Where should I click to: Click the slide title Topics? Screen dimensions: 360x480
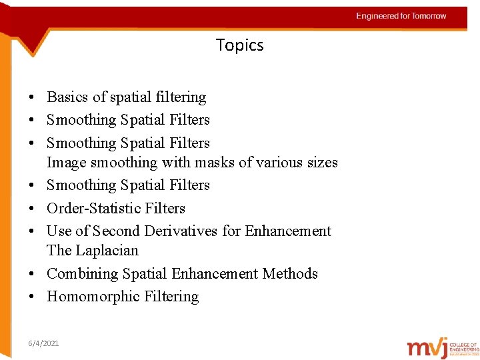point(240,45)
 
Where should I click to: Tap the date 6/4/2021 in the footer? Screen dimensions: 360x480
point(43,343)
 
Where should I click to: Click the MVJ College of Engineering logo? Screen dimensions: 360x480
point(443,346)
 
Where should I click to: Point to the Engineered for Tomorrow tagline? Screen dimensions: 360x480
point(401,16)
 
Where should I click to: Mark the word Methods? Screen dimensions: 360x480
point(290,274)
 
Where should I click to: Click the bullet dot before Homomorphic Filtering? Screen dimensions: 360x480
point(32,297)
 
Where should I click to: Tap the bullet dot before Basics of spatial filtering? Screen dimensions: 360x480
point(32,97)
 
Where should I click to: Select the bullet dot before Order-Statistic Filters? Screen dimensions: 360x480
point(32,208)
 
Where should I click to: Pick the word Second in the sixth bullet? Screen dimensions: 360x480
point(117,231)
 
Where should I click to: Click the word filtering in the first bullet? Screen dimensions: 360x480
point(180,97)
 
